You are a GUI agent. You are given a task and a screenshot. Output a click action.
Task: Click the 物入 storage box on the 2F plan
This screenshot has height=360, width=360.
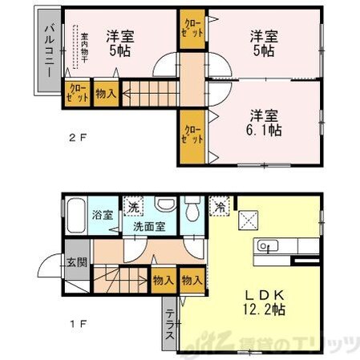[105, 93]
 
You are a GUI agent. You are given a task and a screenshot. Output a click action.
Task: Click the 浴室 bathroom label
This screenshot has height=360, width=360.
[102, 215]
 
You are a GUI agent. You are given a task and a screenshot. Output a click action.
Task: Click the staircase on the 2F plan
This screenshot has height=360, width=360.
[148, 91]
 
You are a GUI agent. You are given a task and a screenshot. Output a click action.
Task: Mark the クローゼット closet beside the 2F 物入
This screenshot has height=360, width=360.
[79, 93]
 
